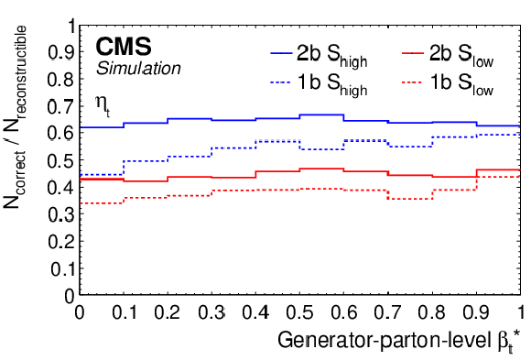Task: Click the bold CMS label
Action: pos(124,47)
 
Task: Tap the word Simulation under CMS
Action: pos(138,68)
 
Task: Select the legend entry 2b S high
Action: pos(319,56)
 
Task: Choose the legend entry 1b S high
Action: pos(319,84)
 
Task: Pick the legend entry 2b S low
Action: pos(448,56)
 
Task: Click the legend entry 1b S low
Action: pos(448,84)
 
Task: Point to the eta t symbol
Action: pos(103,105)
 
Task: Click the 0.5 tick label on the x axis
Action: pos(299,311)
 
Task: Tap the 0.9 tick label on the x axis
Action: pos(476,311)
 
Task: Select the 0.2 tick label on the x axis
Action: pos(168,311)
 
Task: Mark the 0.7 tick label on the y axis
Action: pos(61,106)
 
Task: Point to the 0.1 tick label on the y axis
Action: pos(62,268)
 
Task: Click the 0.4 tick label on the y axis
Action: pos(61,188)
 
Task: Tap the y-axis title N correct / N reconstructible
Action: pos(16,117)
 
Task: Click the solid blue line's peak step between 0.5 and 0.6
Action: pos(321,115)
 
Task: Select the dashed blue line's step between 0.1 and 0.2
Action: pos(146,161)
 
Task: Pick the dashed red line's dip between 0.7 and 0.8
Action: pos(410,199)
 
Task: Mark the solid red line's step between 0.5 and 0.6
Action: pos(321,169)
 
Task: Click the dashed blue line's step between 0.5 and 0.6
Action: pos(321,149)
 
